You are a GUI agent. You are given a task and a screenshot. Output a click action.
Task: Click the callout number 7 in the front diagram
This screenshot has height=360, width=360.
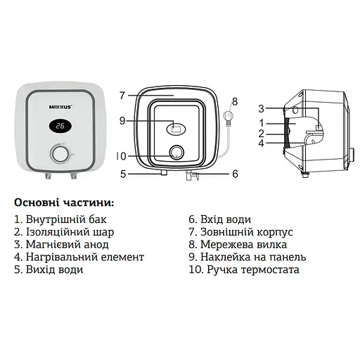pos(122,95)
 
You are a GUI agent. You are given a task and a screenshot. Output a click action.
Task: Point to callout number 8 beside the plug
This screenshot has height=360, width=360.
pos(235,101)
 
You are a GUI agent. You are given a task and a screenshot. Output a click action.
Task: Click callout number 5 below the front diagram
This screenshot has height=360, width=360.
pos(122,173)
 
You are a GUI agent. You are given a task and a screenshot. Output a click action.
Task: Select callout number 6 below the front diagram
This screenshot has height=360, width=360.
pos(235,173)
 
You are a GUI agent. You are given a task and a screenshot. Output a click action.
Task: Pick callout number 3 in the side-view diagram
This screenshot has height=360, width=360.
pos(260,108)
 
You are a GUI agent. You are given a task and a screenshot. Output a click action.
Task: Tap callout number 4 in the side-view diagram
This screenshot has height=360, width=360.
pos(260,144)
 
